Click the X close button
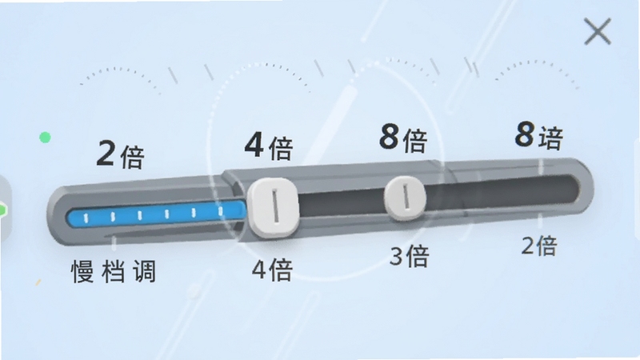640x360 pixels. point(598,31)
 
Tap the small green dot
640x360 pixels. point(45,138)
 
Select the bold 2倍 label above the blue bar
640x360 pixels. point(121,154)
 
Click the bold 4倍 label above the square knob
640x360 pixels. point(269,146)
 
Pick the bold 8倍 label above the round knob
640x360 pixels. point(403,138)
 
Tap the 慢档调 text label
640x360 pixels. point(114,271)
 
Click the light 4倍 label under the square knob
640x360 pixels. point(272,270)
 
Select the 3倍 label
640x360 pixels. point(410,256)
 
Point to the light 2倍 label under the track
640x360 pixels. point(539,246)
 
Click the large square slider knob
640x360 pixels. point(274,207)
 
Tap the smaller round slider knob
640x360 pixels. point(406,198)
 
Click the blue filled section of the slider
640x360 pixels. point(156,214)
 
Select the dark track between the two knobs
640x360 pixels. point(342,202)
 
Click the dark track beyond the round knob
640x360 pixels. point(503,191)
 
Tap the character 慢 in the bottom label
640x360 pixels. point(83,271)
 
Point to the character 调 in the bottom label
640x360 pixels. point(145,270)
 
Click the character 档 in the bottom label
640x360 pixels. point(114,271)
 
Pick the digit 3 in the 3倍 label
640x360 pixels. point(396,257)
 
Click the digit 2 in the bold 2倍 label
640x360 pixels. point(106,153)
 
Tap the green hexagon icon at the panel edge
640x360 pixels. point(2,210)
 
